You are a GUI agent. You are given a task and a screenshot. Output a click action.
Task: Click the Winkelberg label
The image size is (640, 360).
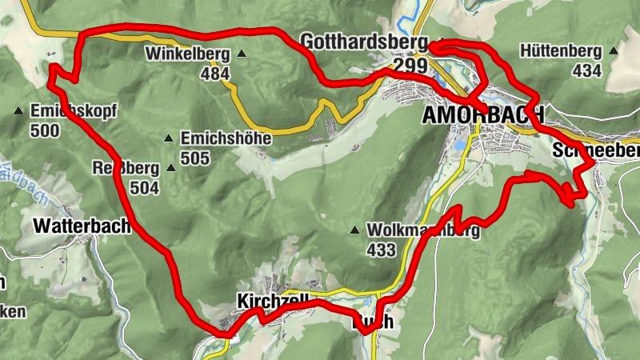pos(187,55)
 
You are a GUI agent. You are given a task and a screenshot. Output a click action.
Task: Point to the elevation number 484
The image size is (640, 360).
pos(214,74)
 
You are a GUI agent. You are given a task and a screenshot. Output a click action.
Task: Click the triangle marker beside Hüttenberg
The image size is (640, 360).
pos(614,51)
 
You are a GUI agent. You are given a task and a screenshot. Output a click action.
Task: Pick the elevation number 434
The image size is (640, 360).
pos(587,70)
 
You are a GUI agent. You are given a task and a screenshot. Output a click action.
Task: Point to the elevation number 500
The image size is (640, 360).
pos(45,130)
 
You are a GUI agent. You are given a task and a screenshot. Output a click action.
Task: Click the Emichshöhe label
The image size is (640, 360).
pos(226,138)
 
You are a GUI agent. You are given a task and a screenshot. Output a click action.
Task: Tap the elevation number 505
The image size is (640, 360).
pos(195,158)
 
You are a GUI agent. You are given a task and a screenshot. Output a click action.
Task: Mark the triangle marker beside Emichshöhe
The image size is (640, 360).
pos(168,139)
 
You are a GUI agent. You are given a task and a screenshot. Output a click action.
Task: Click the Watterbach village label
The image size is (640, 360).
pos(82,226)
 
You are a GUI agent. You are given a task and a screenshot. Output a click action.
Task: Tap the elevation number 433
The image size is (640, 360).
pos(381,250)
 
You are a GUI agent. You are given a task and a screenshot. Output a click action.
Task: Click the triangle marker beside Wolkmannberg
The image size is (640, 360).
pos(354,231)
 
